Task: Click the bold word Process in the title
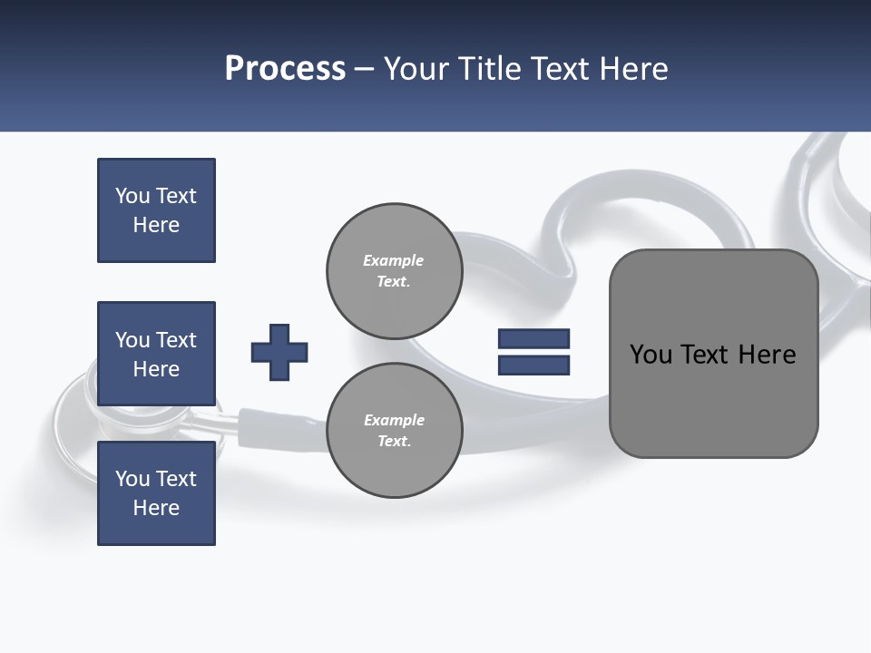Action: tap(285, 69)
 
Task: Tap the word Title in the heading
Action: tap(488, 69)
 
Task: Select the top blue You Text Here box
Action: tap(156, 210)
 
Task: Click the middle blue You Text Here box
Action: tap(156, 354)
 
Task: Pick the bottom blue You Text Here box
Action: tap(156, 493)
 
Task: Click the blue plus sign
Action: tap(279, 352)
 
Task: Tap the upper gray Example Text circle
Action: tap(394, 271)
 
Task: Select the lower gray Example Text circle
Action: tap(394, 431)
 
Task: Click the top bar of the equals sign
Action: tap(533, 339)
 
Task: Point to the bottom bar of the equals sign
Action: tap(533, 365)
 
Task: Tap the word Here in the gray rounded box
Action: tap(767, 355)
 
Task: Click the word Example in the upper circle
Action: tap(393, 260)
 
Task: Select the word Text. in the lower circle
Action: tap(394, 442)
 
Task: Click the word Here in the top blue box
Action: tap(156, 225)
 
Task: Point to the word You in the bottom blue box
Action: tap(132, 479)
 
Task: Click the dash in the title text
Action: tap(365, 69)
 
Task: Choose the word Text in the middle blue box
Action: tap(176, 340)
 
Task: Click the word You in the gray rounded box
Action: tap(651, 355)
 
